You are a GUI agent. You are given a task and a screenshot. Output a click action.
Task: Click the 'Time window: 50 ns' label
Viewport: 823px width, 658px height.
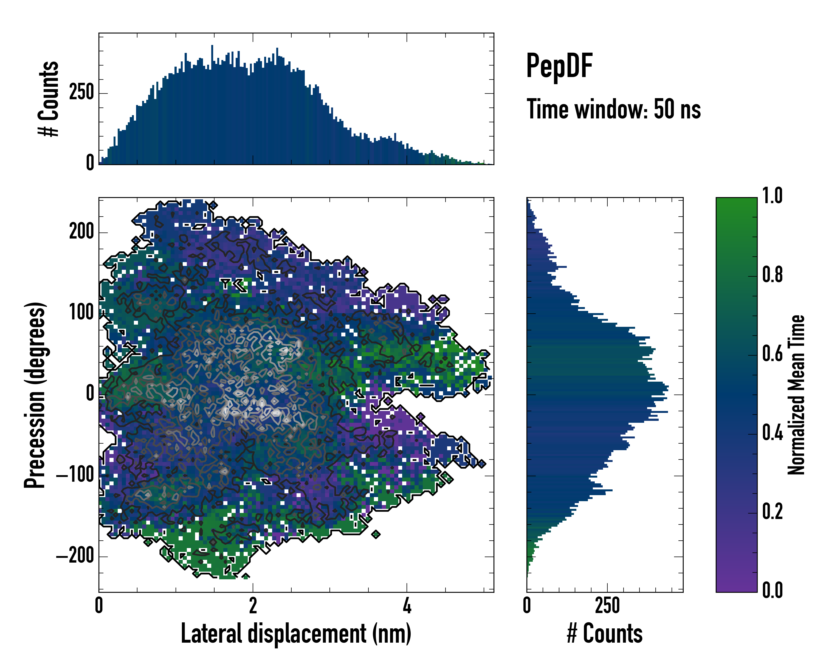[613, 109]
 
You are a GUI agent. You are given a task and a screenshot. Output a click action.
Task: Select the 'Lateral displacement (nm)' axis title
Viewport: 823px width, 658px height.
[296, 634]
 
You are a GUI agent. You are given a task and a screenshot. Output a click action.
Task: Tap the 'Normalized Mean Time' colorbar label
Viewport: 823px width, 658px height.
[796, 395]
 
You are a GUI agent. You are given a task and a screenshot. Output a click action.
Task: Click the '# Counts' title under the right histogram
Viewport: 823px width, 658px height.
[605, 634]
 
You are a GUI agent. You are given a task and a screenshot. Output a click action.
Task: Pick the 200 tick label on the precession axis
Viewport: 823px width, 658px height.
[81, 232]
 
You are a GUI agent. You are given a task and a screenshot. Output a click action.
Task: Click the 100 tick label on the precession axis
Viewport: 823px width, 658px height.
[81, 313]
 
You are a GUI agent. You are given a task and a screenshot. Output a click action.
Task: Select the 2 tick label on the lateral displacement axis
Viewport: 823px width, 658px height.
[253, 606]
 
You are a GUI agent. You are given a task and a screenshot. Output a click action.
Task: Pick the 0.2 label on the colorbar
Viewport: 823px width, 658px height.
[772, 512]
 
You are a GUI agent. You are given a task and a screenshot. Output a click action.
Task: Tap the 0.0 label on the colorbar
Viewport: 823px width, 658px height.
[772, 590]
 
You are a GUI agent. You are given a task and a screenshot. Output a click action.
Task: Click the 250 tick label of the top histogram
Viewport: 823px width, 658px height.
[81, 93]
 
